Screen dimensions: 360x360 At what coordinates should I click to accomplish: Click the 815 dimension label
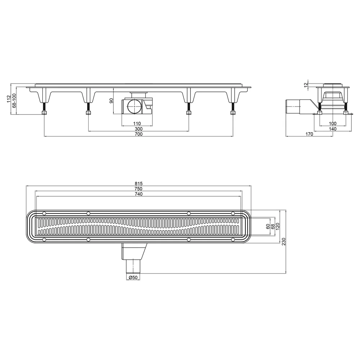tap(139, 184)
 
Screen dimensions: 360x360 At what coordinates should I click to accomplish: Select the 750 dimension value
tap(139, 189)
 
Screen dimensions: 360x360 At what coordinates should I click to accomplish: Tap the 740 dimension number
tap(139, 194)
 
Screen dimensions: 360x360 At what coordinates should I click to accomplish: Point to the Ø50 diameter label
tap(133, 277)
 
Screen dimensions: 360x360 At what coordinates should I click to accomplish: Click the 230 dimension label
tap(284, 242)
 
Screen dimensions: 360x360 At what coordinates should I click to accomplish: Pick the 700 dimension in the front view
tap(139, 134)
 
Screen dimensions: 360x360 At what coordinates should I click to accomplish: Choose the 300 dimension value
tap(139, 129)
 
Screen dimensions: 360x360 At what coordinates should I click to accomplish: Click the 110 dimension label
tap(137, 124)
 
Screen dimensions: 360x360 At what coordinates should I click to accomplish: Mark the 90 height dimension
tap(111, 100)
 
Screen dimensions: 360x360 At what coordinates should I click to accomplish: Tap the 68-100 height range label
tap(14, 100)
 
